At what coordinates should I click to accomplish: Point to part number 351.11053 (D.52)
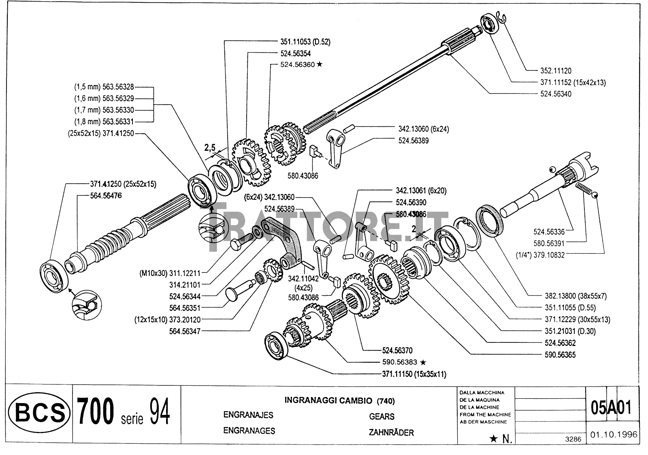click(301, 41)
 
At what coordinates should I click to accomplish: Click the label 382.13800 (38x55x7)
click(575, 296)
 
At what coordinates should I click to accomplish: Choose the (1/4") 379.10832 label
click(540, 255)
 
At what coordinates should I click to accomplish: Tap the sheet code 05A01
click(611, 407)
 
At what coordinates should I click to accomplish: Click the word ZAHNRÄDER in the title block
click(391, 433)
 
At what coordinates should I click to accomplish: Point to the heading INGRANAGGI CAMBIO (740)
click(339, 401)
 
